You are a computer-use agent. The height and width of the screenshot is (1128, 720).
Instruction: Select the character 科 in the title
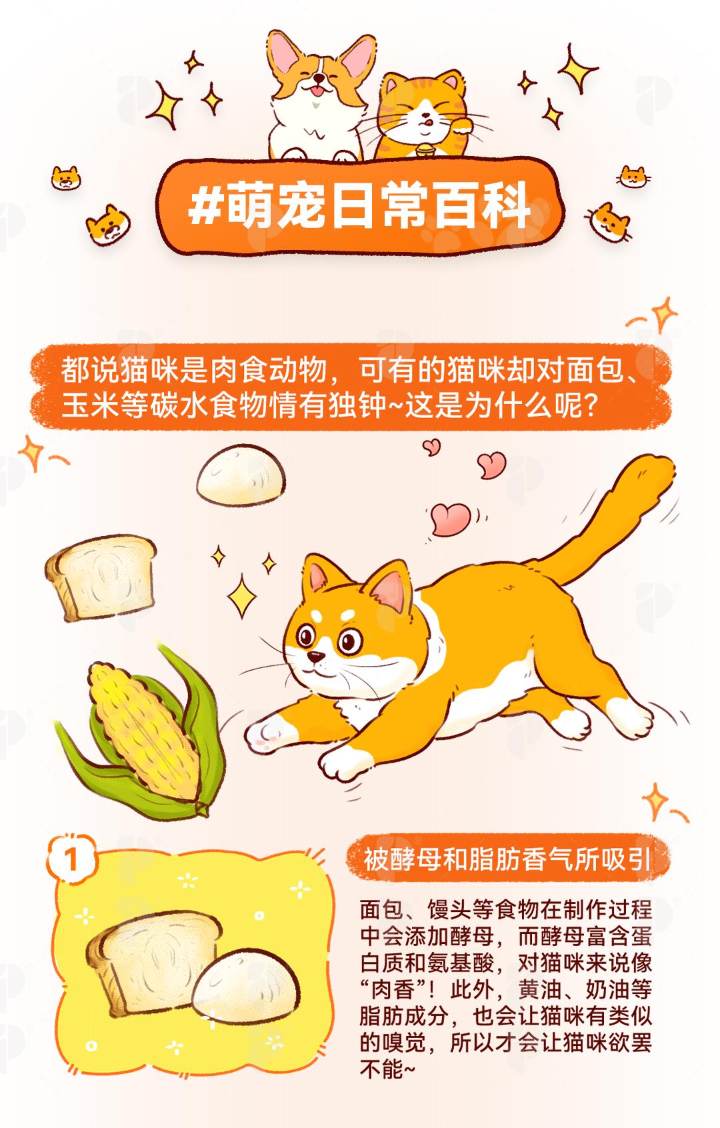505,205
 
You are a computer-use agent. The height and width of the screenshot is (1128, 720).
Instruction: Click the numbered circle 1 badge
71,859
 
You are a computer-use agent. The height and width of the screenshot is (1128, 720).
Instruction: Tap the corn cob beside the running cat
143,730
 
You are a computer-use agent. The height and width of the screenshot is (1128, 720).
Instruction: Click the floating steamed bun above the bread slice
241,475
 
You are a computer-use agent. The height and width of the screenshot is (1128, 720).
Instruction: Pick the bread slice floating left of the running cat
101,577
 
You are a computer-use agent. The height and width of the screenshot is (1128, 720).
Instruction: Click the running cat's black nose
316,655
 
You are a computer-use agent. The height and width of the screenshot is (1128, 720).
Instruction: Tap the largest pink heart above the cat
451,519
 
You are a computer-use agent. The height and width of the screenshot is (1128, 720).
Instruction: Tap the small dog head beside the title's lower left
108,225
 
